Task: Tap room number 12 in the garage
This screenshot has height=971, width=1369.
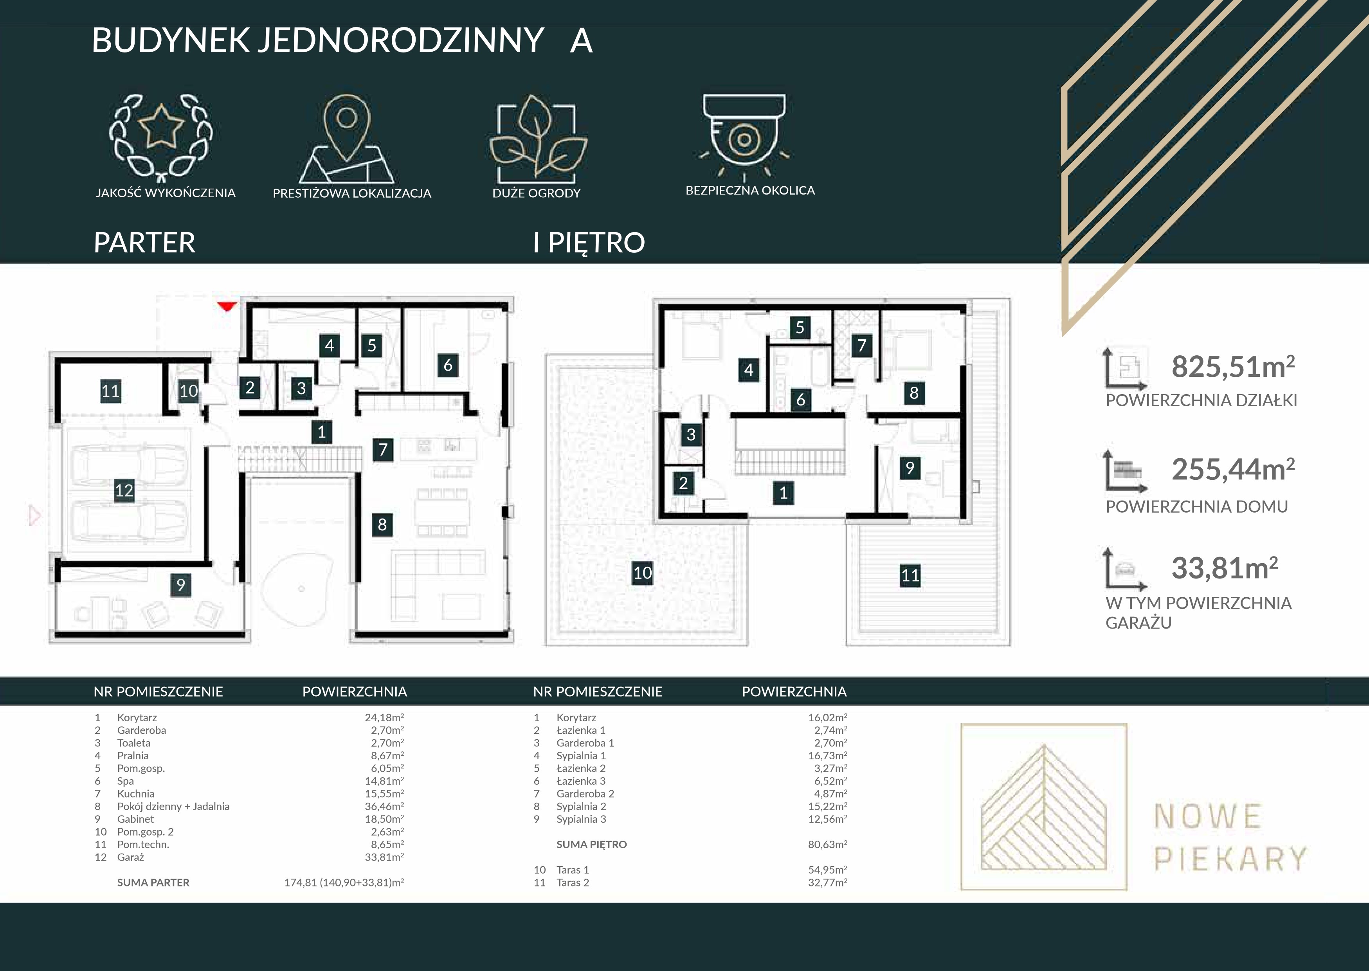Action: [124, 491]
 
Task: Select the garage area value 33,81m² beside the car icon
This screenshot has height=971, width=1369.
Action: [1224, 568]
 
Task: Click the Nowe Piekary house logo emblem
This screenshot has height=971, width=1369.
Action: [1044, 807]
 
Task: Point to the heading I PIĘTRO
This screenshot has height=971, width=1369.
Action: [589, 243]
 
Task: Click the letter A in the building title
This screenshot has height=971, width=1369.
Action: [581, 41]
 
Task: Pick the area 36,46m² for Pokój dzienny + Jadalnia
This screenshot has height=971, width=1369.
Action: [384, 806]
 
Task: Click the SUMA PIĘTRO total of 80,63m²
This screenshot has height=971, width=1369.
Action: [827, 844]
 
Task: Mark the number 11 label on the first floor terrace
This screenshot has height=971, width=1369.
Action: [910, 575]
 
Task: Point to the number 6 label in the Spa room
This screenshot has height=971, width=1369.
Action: [448, 365]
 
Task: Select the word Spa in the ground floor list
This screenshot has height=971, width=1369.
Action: [126, 781]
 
